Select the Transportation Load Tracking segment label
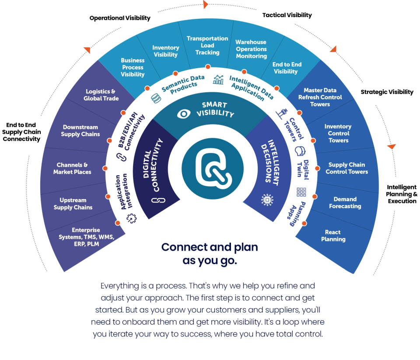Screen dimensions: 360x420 (x=207, y=45)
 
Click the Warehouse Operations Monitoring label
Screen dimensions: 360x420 (x=251, y=49)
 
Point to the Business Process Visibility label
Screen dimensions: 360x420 (x=133, y=67)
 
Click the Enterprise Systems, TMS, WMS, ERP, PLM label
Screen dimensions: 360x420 (x=86, y=237)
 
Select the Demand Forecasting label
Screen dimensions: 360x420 (x=345, y=203)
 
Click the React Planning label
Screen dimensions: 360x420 (x=333, y=236)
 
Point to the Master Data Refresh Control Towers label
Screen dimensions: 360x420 (x=320, y=97)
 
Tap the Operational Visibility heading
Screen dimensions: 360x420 (x=120, y=18)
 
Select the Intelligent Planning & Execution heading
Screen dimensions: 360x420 (x=402, y=194)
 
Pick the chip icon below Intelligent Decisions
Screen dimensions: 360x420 (x=266, y=199)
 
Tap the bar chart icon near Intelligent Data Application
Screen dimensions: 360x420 (x=218, y=80)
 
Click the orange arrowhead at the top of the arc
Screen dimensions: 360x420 (x=206, y=5)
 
